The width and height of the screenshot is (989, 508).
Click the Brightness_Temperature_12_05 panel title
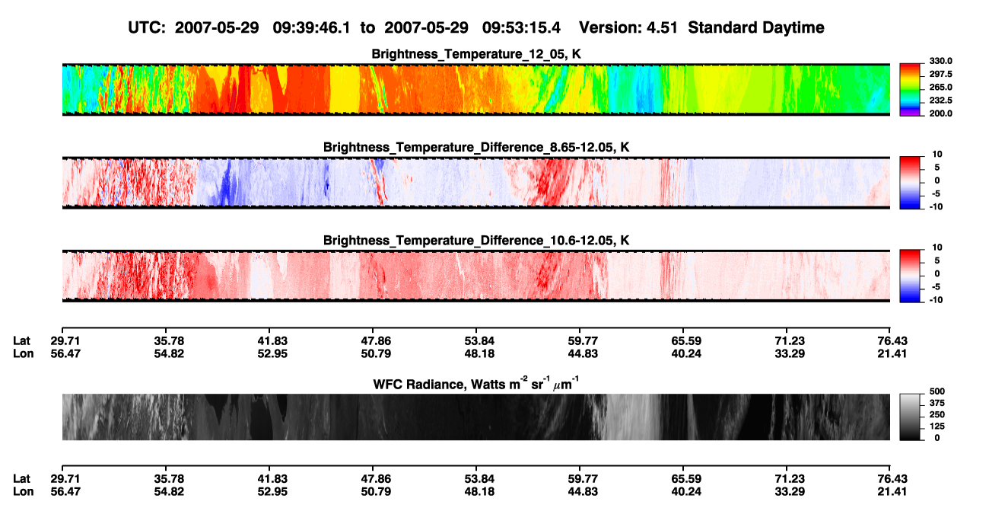point(476,54)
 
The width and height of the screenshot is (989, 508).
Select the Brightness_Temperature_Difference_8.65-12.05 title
point(476,147)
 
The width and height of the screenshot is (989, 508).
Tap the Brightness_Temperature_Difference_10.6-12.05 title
point(476,241)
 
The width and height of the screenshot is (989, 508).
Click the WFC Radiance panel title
point(476,384)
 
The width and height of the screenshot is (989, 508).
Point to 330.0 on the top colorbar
point(940,61)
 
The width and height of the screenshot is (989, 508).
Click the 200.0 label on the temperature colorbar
point(940,113)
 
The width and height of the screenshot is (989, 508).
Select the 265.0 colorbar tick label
point(940,87)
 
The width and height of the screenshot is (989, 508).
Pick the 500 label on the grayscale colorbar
point(937,391)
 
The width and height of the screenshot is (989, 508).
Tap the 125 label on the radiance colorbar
point(937,427)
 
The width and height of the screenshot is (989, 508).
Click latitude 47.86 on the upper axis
point(376,341)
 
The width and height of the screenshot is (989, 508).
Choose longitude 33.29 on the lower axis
point(790,492)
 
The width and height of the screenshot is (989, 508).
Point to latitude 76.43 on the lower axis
point(892,479)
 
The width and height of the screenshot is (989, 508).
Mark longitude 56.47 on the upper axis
point(65,353)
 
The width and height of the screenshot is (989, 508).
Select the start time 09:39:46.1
point(311,27)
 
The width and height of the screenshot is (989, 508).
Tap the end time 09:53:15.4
point(521,27)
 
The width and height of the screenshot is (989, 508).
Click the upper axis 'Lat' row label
point(21,341)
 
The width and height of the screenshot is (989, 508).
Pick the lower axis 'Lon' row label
point(23,492)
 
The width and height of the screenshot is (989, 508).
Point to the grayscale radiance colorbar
point(910,417)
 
